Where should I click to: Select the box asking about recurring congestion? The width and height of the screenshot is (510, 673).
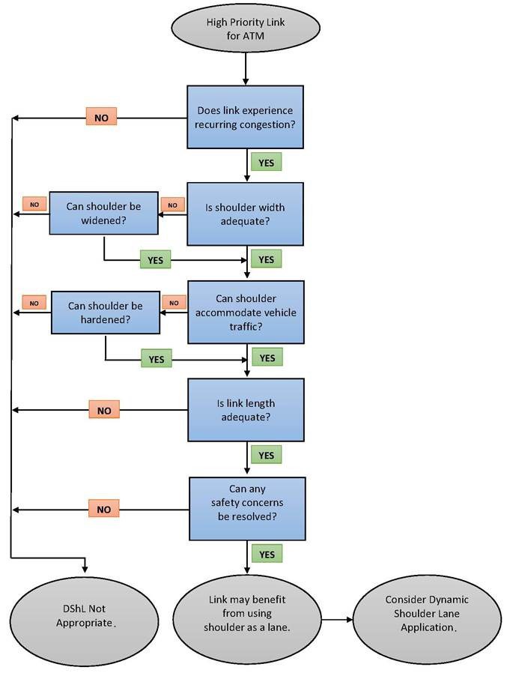pyautogui.click(x=245, y=117)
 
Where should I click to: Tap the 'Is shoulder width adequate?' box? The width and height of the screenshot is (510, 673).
pyautogui.click(x=245, y=214)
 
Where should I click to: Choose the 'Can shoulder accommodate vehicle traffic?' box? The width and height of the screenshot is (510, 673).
pyautogui.click(x=246, y=312)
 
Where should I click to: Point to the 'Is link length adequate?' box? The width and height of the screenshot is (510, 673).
pyautogui.click(x=246, y=410)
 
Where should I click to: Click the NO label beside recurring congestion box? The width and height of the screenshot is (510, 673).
pyautogui.click(x=102, y=118)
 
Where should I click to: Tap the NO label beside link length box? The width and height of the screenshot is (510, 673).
pyautogui.click(x=104, y=410)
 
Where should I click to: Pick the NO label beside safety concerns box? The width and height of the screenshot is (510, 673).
pyautogui.click(x=103, y=510)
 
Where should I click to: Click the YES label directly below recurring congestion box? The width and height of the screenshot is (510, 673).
pyautogui.click(x=266, y=162)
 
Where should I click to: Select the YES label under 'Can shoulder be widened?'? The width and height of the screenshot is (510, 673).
pyautogui.click(x=155, y=260)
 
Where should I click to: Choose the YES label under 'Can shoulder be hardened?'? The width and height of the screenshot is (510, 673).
pyautogui.click(x=156, y=359)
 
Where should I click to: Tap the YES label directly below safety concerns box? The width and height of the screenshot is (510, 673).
pyautogui.click(x=267, y=555)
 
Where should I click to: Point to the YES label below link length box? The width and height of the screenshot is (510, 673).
pyautogui.click(x=266, y=455)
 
